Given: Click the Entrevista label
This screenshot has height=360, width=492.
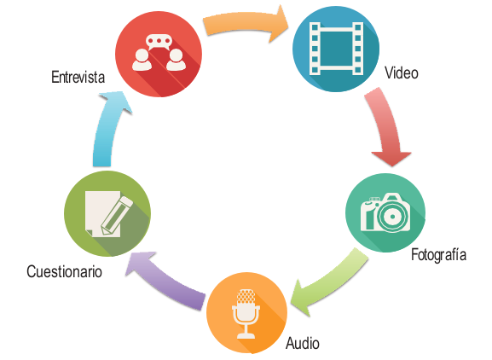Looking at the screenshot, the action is pos(78,78).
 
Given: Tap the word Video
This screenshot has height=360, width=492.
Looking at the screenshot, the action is pos(402,73).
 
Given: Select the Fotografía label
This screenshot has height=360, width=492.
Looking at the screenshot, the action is pos(438,254).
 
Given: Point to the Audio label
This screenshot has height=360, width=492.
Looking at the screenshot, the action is pos(303,343).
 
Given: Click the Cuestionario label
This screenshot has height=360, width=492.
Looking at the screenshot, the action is pos(64,271).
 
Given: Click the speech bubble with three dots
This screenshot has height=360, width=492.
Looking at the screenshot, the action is pos(159,42).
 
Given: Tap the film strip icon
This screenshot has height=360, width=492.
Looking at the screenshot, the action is pos(336,49).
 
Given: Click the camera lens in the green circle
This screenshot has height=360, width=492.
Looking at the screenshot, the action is pos(392,217).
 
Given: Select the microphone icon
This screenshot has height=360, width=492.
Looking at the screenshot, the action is pos(246,314).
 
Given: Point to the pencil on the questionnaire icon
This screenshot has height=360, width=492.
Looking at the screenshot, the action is pos(116,216).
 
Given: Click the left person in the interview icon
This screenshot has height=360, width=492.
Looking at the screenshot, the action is pos(142,60).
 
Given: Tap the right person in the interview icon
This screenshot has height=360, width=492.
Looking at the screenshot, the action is pos(176,60).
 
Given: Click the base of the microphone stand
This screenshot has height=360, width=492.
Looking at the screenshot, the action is pos(246,336).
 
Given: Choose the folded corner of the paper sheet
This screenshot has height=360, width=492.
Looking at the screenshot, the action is pos(89,233).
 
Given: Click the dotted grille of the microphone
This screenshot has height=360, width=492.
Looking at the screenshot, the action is pos(246,296).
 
